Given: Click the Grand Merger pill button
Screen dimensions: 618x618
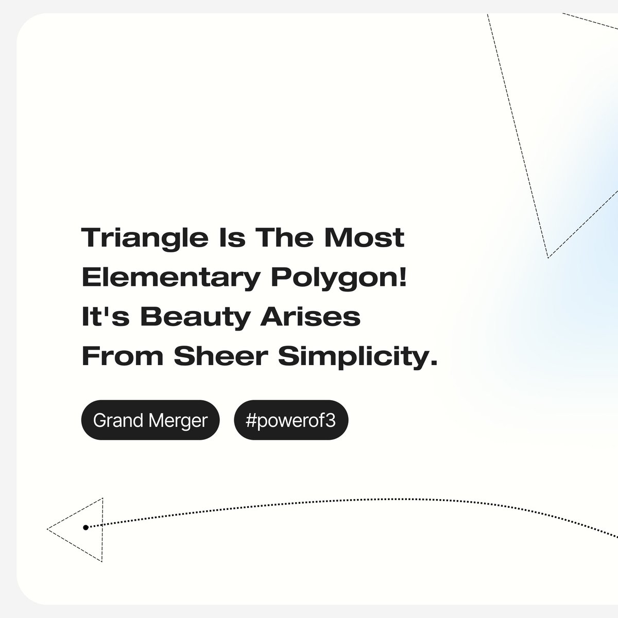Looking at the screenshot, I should (x=150, y=420).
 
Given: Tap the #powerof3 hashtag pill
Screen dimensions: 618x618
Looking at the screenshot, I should (x=291, y=420).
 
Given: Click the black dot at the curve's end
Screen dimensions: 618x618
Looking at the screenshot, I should (x=85, y=527).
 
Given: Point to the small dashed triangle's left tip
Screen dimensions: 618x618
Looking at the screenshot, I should (x=48, y=529).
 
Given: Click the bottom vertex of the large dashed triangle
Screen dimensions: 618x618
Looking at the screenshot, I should (x=548, y=257).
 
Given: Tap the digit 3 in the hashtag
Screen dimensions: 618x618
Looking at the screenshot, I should (x=331, y=420).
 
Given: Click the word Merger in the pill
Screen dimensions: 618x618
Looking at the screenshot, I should (x=178, y=420).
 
